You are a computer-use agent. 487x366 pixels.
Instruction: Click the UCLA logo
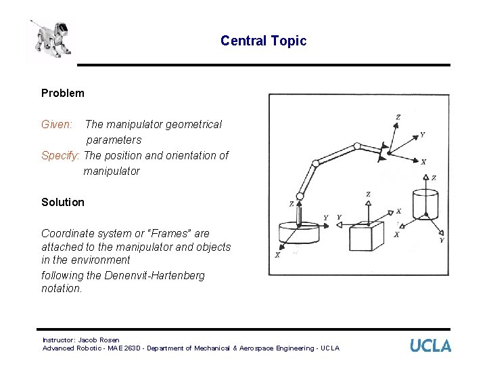tap(430, 346)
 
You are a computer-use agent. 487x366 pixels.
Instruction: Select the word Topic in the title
tap(289, 41)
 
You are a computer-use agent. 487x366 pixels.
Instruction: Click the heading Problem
tap(63, 93)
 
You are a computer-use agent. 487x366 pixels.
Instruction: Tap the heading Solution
tap(63, 202)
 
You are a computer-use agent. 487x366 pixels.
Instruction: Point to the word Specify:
tap(60, 155)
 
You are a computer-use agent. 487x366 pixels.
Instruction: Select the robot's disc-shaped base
tap(298, 232)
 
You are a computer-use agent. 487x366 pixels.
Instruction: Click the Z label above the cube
tap(368, 195)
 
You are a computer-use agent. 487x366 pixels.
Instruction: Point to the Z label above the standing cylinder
tap(433, 178)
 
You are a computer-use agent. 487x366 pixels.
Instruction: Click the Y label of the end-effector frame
tap(423, 135)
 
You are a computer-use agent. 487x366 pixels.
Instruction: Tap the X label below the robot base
tap(277, 255)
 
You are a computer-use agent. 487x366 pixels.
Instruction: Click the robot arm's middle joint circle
tap(315, 163)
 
